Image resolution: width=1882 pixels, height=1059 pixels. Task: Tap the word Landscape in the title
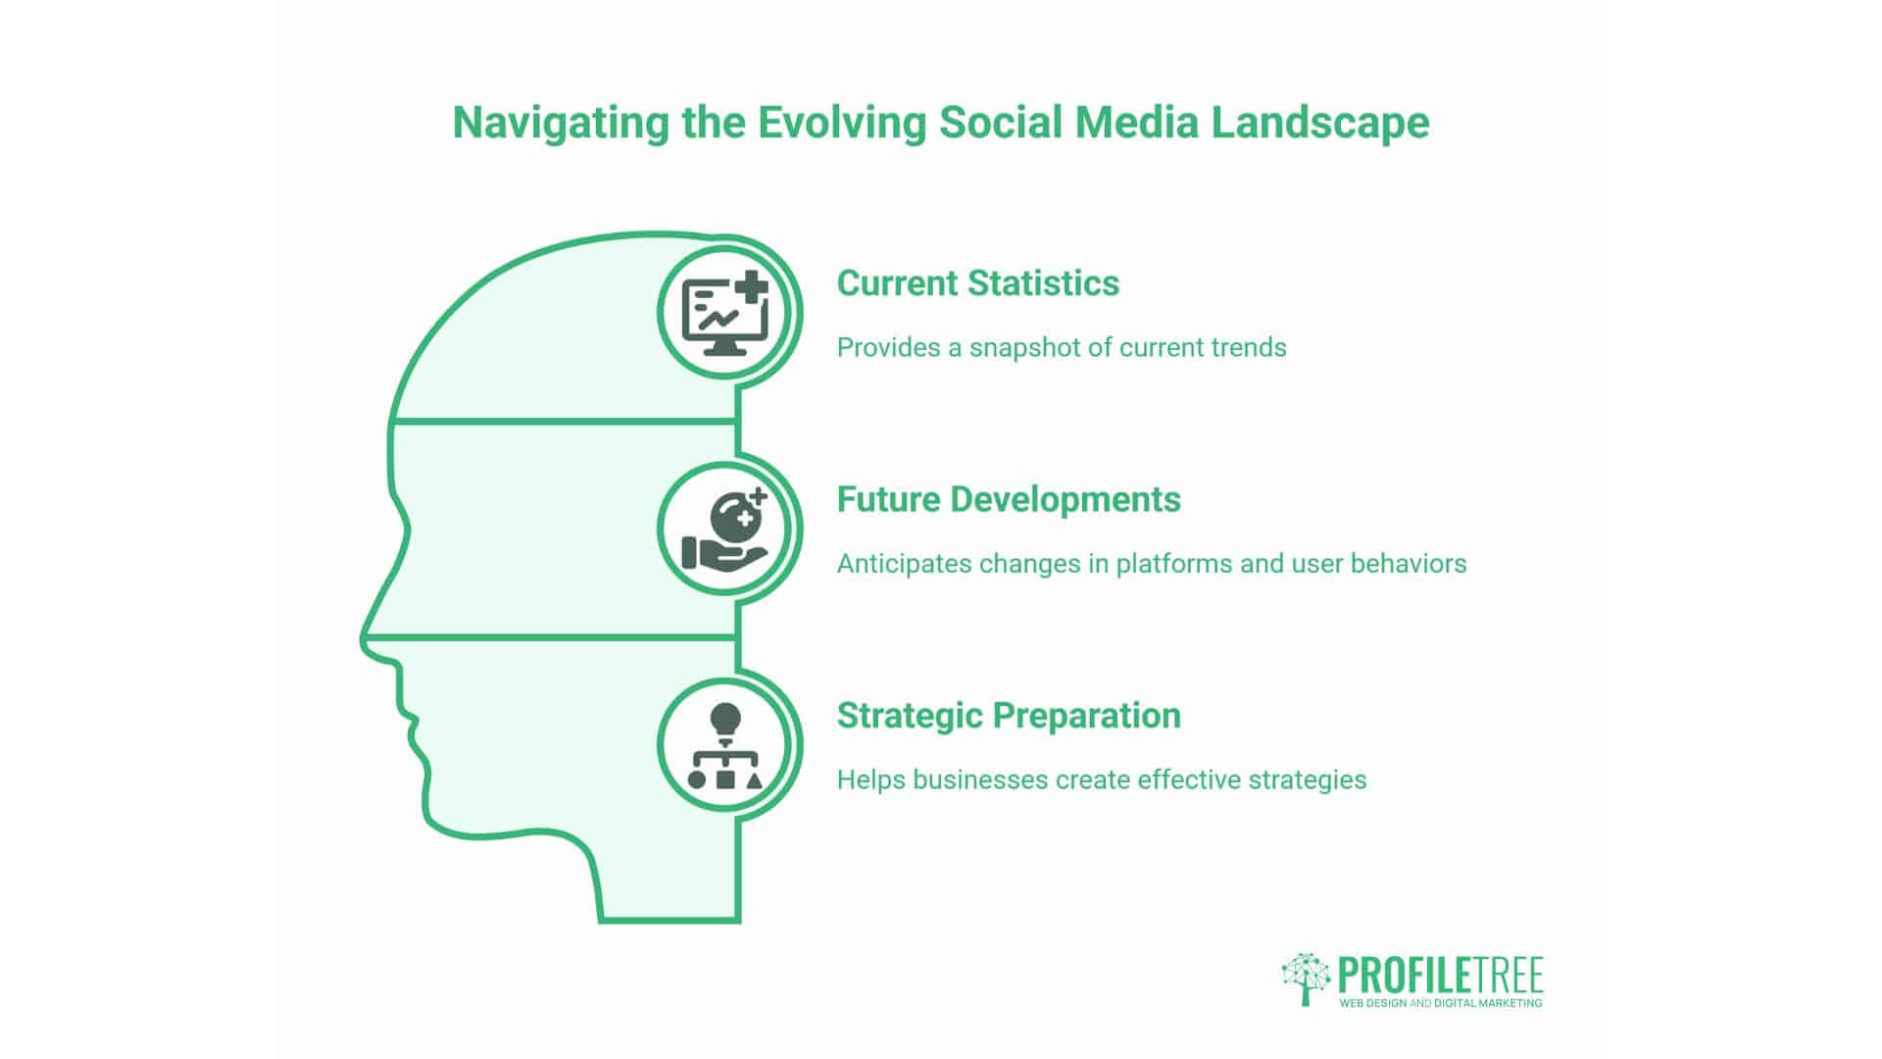(1319, 124)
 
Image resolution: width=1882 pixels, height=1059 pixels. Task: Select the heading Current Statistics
(977, 283)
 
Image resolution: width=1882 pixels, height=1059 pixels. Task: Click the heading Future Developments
(1008, 499)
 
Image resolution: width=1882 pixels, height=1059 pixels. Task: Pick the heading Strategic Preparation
(1008, 716)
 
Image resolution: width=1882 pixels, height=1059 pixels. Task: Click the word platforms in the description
(1174, 564)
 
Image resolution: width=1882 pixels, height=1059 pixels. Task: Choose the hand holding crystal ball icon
(725, 530)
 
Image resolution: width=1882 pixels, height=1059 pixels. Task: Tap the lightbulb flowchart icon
(725, 746)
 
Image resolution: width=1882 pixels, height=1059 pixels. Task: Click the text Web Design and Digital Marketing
(1440, 1003)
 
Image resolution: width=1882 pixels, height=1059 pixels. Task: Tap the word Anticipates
(903, 564)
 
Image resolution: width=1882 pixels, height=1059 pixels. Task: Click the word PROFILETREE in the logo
(1440, 976)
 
